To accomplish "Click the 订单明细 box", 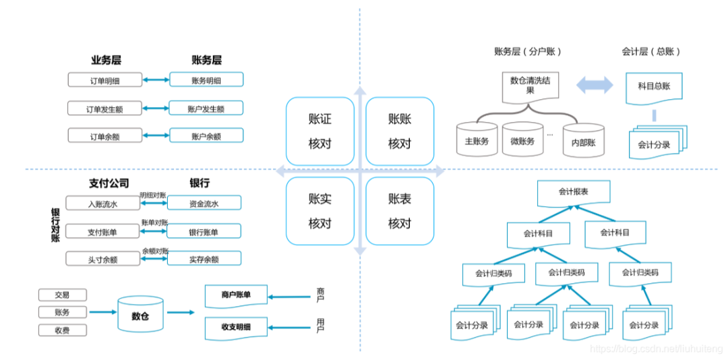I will click(x=104, y=80).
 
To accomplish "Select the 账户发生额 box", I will click(x=206, y=108).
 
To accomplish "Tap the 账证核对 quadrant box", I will click(x=320, y=131).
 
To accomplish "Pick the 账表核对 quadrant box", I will click(x=399, y=211).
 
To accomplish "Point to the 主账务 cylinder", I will click(x=476, y=140).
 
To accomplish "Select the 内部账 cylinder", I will click(x=583, y=141).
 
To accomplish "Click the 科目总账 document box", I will click(x=653, y=87).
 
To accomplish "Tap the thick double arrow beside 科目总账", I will click(x=595, y=85).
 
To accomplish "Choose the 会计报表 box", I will click(x=573, y=193).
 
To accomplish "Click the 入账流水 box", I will click(x=102, y=203).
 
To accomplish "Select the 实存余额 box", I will click(x=204, y=259).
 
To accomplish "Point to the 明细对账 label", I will click(x=154, y=195).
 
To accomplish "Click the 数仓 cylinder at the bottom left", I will click(x=140, y=314).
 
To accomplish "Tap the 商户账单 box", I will click(x=235, y=295).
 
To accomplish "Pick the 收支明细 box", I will click(x=235, y=327).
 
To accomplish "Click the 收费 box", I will click(x=62, y=330).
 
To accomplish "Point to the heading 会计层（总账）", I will click(x=651, y=51).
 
